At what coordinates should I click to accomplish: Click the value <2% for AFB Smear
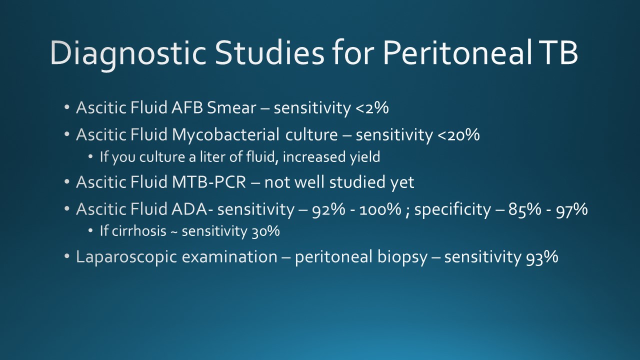point(372,108)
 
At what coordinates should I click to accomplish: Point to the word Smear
point(231,107)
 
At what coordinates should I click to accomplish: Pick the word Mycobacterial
point(225,134)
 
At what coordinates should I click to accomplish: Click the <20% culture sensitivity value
point(458,135)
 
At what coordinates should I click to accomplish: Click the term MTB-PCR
point(209,182)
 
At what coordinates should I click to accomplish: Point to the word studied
point(357,181)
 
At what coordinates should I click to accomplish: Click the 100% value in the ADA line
point(380,209)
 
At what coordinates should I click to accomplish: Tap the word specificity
point(452,209)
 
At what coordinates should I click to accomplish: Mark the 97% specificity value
point(571,209)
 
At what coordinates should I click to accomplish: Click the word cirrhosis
point(139,231)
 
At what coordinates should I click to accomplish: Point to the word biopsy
point(402,256)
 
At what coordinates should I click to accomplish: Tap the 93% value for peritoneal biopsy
point(542,257)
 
